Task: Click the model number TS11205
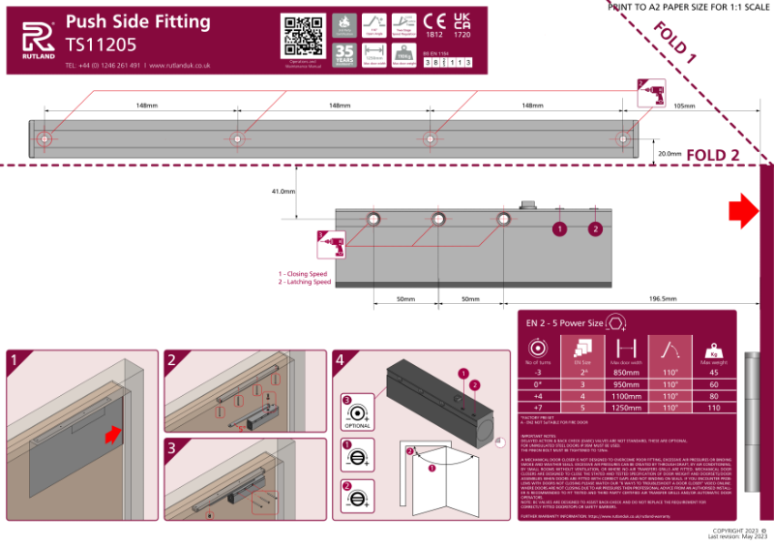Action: (x=101, y=44)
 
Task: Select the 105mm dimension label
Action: (x=683, y=105)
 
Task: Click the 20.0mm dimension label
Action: (x=669, y=153)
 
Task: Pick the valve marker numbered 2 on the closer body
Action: (x=595, y=228)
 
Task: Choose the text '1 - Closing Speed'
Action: (x=305, y=274)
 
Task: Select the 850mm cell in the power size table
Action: (x=625, y=371)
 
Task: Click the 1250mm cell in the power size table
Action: (x=625, y=408)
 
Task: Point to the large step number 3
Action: (x=171, y=448)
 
